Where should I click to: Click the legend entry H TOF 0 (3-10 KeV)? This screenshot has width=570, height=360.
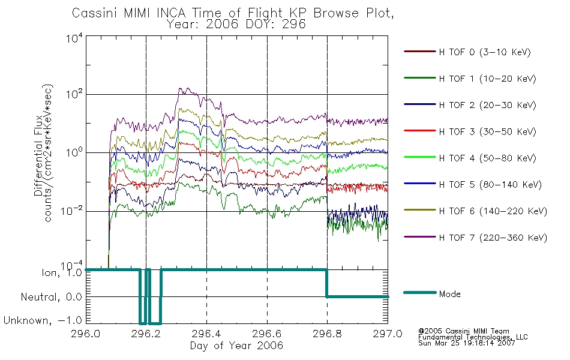point(485,52)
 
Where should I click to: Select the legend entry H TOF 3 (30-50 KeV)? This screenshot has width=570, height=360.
point(487,131)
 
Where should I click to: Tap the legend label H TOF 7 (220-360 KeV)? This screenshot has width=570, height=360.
point(493,238)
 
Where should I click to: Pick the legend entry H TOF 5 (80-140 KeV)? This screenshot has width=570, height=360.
point(490,184)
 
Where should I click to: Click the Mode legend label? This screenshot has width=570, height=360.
point(449,294)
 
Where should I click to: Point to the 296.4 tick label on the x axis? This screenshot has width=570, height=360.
point(206,334)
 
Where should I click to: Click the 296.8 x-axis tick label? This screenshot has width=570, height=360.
point(327,334)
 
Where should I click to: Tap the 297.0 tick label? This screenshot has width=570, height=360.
point(388,334)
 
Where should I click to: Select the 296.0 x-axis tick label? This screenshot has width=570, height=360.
point(86,334)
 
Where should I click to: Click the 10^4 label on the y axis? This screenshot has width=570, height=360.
point(74,38)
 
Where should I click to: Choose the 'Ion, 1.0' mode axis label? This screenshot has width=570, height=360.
point(61,272)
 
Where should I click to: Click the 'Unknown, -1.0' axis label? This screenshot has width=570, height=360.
point(43,320)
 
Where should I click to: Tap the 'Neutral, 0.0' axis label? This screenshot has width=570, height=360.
point(51,297)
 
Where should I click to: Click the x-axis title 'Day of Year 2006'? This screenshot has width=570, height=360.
point(236,346)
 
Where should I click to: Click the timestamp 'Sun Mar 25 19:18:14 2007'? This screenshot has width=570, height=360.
point(466,343)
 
